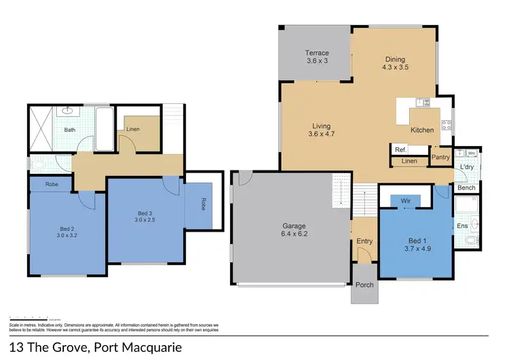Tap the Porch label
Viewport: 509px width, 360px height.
[x=364, y=285]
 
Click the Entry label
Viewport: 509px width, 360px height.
[x=364, y=241]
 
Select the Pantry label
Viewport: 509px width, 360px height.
[x=441, y=157]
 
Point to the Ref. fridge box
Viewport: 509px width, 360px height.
[x=400, y=149]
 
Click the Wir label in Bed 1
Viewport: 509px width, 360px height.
[x=406, y=201]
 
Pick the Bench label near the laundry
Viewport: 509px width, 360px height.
[x=466, y=187]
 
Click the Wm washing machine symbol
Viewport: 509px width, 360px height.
[x=471, y=153]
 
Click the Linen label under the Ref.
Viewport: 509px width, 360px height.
[x=409, y=162]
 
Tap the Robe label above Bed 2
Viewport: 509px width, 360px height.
[x=52, y=184]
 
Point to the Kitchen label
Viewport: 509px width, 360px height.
[x=421, y=130]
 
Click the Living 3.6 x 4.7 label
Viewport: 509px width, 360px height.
[x=321, y=130]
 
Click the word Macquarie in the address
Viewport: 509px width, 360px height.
[x=173, y=347]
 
